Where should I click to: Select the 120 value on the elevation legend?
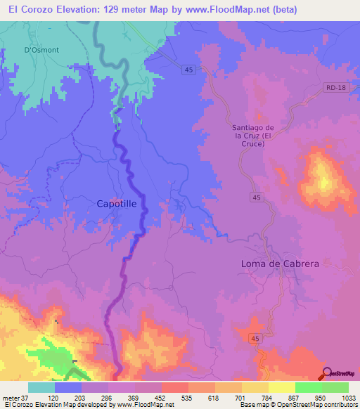53,397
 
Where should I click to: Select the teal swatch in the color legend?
41,387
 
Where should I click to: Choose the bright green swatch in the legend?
309,387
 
